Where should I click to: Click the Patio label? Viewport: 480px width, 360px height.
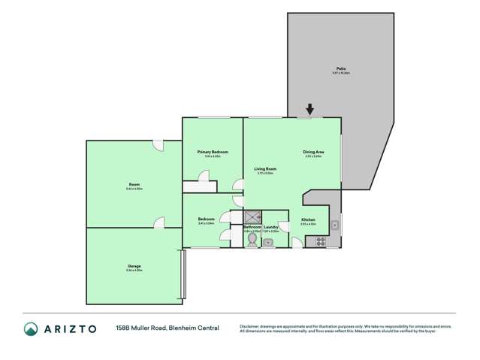pos(341,68)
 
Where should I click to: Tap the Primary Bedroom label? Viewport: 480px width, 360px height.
pos(213,152)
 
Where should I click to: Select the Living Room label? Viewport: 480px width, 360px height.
pos(265,169)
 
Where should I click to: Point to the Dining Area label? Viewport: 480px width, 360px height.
pos(312,152)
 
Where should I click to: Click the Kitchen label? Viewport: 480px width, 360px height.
pos(309,219)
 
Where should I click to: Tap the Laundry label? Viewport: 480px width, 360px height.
pos(271,226)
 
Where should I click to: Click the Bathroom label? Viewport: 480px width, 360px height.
pos(252,226)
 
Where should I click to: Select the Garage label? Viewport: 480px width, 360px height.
pos(134,266)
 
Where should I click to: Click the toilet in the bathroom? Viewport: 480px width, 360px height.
pos(252,240)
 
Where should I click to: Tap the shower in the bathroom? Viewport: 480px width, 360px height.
pos(252,216)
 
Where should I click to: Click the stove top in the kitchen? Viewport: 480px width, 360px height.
pos(319,241)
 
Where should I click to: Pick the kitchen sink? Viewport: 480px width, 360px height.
pos(337,223)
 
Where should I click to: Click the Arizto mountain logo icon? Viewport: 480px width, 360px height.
pos(31,328)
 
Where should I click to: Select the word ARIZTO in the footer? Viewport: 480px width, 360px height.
pos(70,328)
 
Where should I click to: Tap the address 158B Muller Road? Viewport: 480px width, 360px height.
pos(143,328)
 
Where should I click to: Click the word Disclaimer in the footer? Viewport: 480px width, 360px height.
pos(252,326)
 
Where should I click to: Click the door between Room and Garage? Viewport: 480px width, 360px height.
pos(158,223)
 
